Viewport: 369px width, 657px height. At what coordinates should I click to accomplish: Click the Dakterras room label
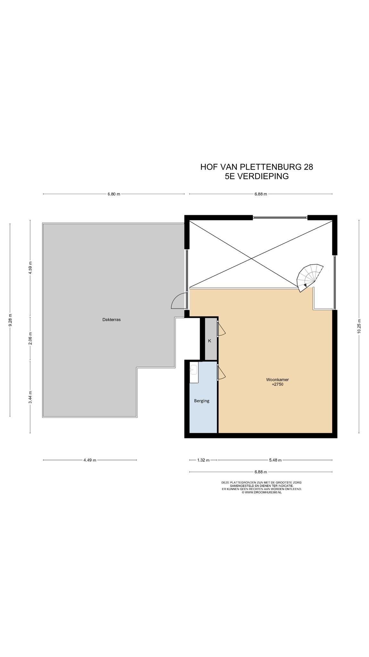111,320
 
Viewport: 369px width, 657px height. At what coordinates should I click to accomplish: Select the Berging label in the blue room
202,401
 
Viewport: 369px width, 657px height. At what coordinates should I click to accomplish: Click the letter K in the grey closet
210,341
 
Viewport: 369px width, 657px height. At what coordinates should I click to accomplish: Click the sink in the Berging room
193,370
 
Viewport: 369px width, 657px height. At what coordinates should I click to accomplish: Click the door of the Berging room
221,373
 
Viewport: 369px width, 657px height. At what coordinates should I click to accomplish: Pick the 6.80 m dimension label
114,194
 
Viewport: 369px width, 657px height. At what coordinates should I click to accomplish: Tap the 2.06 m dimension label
30,339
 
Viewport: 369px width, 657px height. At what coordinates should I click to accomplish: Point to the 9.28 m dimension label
10,320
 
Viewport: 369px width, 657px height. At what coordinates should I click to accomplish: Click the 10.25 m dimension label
359,326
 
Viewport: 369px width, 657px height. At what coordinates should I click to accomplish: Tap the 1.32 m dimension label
203,460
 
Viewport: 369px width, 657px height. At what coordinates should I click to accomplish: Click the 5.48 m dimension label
275,460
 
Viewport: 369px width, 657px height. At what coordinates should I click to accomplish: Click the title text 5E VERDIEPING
257,176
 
